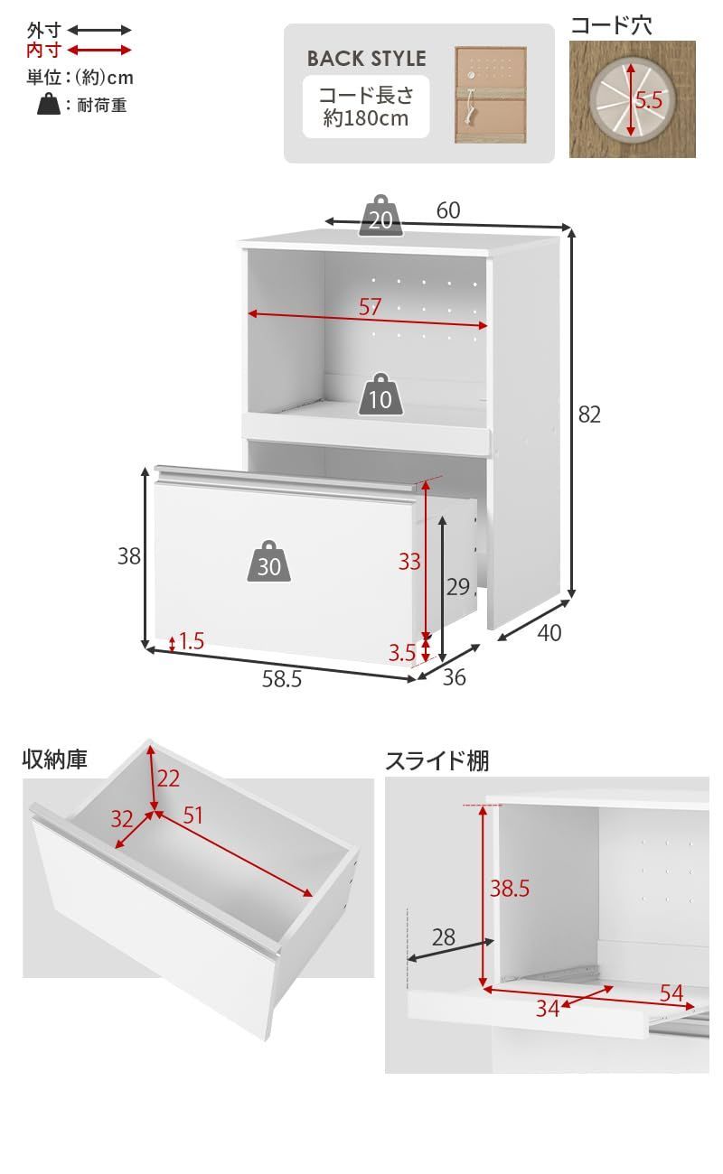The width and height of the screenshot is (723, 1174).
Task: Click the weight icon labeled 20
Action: [x=380, y=217]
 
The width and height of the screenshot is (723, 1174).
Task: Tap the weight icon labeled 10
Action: [x=380, y=395]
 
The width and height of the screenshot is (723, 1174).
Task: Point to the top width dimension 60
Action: [x=448, y=210]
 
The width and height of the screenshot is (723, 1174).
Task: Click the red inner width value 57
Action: [x=370, y=307]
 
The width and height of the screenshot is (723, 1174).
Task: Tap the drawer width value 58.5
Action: [x=282, y=680]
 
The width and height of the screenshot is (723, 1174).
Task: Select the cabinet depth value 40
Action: [x=549, y=634]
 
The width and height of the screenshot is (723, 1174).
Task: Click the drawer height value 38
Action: [x=129, y=556]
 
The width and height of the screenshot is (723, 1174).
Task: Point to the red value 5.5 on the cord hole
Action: [x=649, y=100]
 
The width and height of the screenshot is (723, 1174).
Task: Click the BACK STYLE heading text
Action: [x=366, y=59]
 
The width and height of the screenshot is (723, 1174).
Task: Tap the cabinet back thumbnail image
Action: [x=489, y=95]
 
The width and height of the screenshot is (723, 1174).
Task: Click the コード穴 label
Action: [x=611, y=25]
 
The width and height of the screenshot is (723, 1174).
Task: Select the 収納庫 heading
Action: [x=55, y=759]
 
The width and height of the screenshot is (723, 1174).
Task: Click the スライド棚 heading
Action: [x=437, y=761]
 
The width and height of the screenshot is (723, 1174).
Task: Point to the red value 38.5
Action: [x=510, y=889]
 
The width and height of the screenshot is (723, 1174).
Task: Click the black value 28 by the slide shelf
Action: [x=443, y=936]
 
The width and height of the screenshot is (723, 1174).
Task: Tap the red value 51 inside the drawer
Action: [x=193, y=815]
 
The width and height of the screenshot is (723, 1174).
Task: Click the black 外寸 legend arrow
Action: [x=99, y=30]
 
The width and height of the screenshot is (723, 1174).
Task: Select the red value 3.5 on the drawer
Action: [x=403, y=652]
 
